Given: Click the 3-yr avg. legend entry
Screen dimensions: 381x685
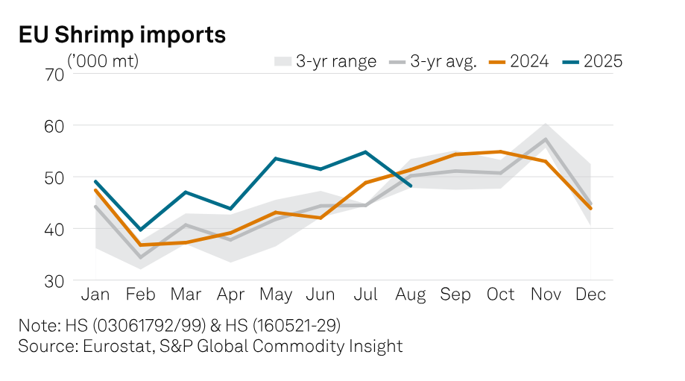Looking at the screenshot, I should [433, 62].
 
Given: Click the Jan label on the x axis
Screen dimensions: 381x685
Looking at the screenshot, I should [95, 295].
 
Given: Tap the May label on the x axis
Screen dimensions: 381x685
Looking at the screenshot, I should [276, 295].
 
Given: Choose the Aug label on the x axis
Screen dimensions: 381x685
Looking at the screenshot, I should [411, 295].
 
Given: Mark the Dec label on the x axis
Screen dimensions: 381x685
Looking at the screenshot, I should [590, 295].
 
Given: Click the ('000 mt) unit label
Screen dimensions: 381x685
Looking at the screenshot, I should [104, 61].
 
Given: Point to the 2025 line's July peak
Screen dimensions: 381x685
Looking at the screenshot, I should [366, 152].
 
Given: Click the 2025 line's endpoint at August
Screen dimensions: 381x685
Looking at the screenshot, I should [411, 186].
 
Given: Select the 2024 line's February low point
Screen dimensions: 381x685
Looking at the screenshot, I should [141, 245].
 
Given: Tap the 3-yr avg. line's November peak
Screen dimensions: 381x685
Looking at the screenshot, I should [546, 139].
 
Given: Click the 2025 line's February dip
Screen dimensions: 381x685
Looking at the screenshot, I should [141, 230].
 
